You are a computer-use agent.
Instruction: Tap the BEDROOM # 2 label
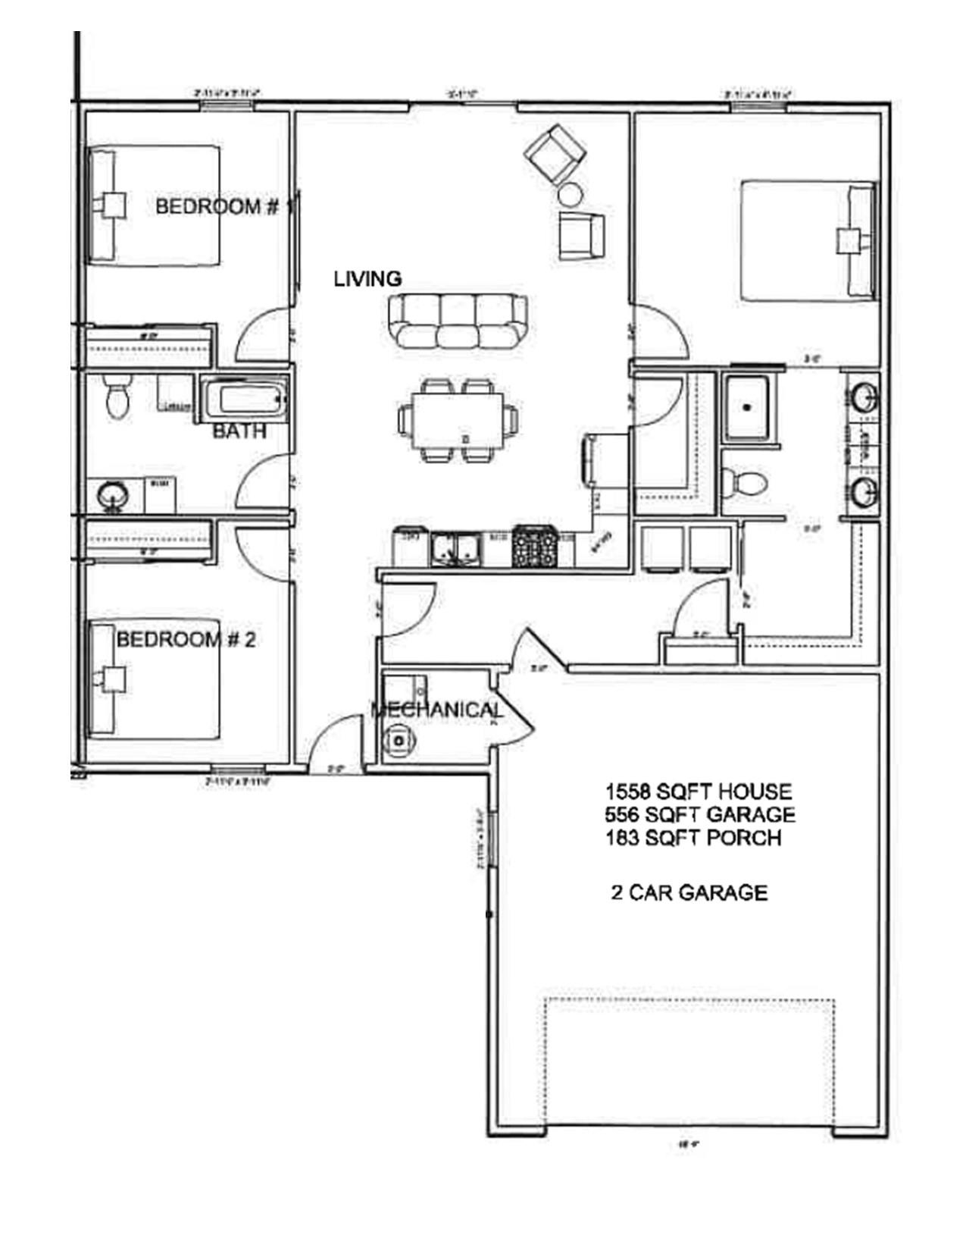(x=186, y=640)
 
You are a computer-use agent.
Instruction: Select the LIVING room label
(x=367, y=279)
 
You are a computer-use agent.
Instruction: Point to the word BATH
(x=239, y=431)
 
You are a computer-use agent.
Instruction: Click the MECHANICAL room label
(x=436, y=710)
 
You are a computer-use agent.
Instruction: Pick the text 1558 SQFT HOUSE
(x=698, y=792)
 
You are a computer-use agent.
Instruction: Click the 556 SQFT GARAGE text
(x=700, y=814)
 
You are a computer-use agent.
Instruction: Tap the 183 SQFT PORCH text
(x=693, y=838)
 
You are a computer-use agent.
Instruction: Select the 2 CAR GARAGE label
(x=689, y=892)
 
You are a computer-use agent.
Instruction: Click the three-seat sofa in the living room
(x=458, y=321)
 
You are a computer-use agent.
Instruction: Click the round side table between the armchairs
(x=570, y=196)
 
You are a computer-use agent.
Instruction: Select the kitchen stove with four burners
(x=536, y=547)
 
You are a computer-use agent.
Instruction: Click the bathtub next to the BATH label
(x=245, y=399)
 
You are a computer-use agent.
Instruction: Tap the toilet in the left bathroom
(x=117, y=397)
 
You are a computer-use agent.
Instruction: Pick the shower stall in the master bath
(x=748, y=406)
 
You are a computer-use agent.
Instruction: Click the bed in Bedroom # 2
(x=155, y=679)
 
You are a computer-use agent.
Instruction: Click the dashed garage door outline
(x=689, y=1061)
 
